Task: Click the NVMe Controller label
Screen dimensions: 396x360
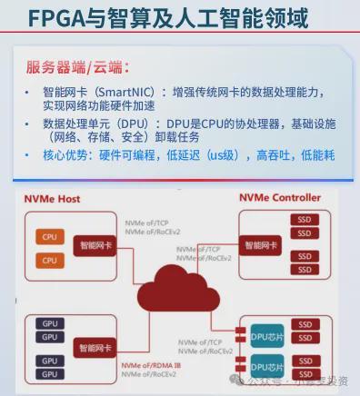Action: (x=280, y=197)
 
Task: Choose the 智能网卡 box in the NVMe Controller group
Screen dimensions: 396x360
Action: (x=260, y=244)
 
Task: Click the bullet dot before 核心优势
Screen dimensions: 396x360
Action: (x=26, y=155)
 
